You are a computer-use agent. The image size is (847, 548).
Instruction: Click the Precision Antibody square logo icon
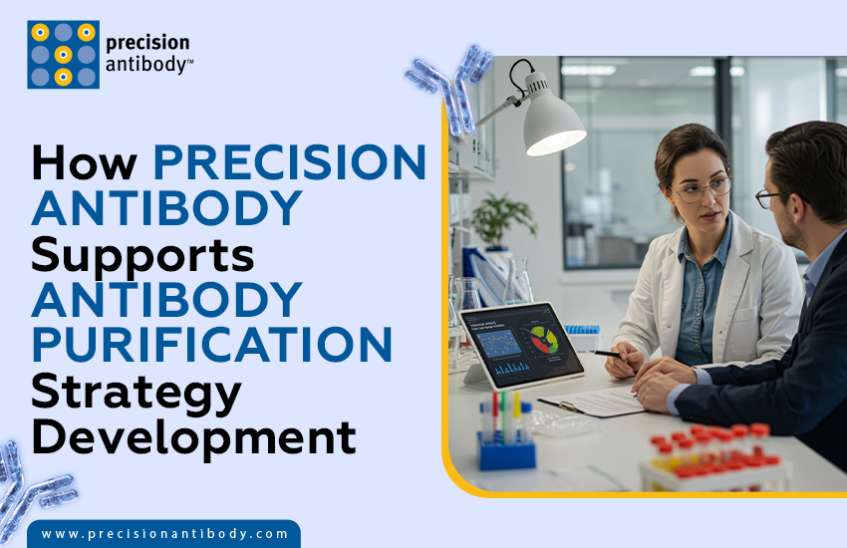pyautogui.click(x=63, y=55)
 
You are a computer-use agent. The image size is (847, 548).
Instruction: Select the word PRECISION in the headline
pyautogui.click(x=290, y=163)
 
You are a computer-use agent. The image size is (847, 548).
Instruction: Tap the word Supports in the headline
pyautogui.click(x=142, y=255)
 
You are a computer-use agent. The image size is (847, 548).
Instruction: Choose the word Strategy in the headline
pyautogui.click(x=136, y=392)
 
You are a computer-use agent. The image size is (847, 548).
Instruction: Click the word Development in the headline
pyautogui.click(x=192, y=436)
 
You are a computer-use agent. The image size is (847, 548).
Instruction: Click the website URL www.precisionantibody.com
pyautogui.click(x=164, y=534)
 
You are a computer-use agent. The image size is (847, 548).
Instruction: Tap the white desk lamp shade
pyautogui.click(x=553, y=128)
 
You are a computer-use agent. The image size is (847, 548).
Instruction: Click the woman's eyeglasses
pyautogui.click(x=701, y=188)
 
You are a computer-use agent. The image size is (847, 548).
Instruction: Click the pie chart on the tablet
pyautogui.click(x=543, y=339)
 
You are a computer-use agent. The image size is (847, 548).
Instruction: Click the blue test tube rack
pyautogui.click(x=506, y=448)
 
